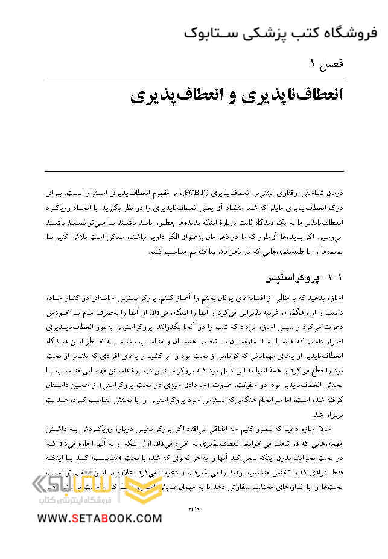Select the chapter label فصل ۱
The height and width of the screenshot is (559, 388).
coord(326,63)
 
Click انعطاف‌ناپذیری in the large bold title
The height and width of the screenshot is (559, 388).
coord(284,96)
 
